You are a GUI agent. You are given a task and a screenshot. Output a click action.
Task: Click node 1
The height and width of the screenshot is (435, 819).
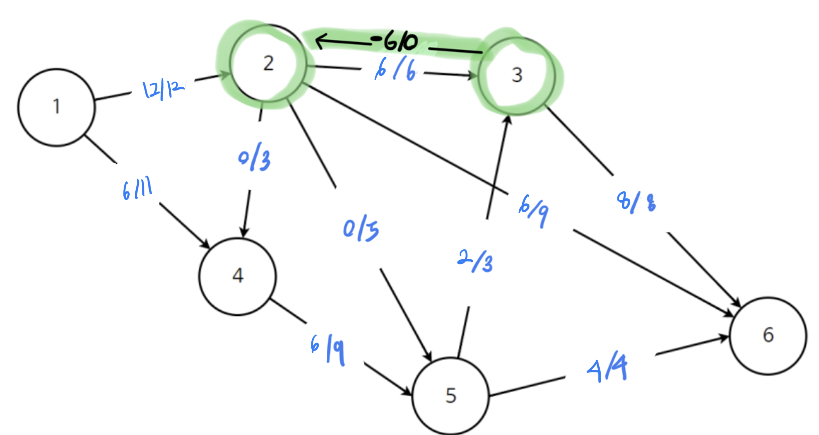(56, 107)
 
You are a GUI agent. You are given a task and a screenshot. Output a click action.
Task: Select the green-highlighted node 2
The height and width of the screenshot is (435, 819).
(268, 63)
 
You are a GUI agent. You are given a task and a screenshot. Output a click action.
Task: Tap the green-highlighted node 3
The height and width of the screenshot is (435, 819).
(517, 75)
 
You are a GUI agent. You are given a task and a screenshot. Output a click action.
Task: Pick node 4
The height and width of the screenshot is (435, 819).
(238, 276)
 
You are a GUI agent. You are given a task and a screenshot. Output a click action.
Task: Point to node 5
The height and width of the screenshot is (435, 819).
(450, 396)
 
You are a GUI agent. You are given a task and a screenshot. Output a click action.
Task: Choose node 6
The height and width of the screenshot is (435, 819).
(768, 335)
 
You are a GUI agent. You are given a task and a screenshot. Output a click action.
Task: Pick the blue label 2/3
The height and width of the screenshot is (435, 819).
(475, 261)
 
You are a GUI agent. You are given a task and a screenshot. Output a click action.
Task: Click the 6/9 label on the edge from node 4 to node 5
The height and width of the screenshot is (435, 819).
(328, 349)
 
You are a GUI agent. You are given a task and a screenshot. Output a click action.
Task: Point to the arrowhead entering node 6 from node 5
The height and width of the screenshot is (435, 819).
(722, 338)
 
